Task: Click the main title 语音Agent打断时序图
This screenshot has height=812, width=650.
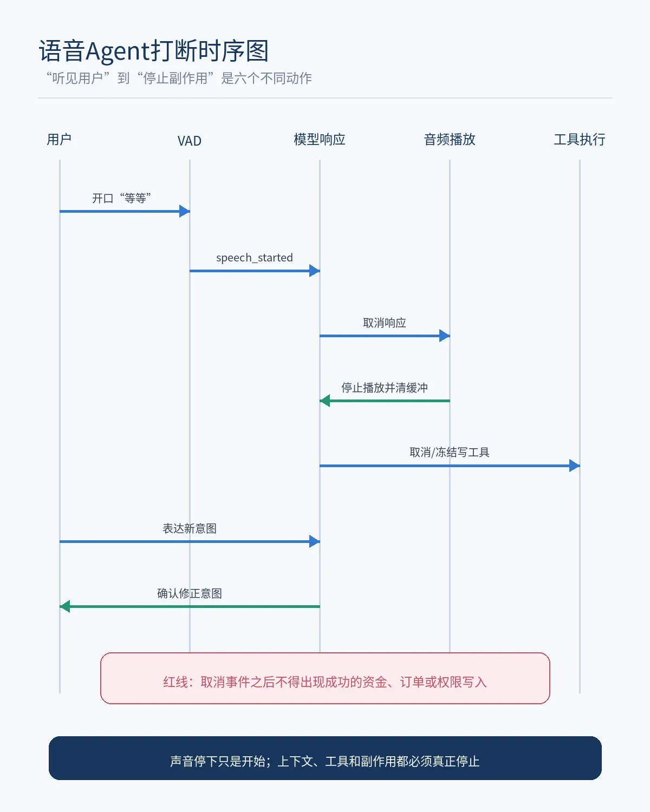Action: click(154, 51)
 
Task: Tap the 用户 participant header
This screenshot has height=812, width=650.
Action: click(59, 140)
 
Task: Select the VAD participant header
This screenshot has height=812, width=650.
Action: click(189, 141)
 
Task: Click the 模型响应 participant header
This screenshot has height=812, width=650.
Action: click(320, 140)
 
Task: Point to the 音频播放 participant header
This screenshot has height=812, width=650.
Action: click(450, 140)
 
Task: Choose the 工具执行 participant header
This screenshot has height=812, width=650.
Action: click(580, 140)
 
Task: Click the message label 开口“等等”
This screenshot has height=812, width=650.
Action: click(122, 198)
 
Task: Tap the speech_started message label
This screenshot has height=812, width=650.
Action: click(254, 258)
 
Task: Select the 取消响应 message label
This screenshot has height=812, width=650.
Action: click(385, 323)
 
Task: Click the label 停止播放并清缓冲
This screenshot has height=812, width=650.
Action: click(385, 388)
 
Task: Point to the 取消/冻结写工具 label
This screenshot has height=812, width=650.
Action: click(450, 452)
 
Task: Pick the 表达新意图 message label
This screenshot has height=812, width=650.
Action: click(190, 528)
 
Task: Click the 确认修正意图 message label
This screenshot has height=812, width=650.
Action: click(190, 593)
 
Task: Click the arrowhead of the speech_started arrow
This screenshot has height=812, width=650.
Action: click(315, 271)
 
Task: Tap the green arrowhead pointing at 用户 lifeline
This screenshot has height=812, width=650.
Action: click(65, 606)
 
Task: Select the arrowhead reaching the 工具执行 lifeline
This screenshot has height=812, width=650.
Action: click(575, 466)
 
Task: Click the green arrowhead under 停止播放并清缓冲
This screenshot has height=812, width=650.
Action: click(325, 401)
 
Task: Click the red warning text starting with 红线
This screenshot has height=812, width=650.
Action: click(325, 682)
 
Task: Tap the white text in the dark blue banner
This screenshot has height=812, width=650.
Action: click(325, 762)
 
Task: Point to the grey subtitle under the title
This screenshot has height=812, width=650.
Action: click(179, 78)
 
